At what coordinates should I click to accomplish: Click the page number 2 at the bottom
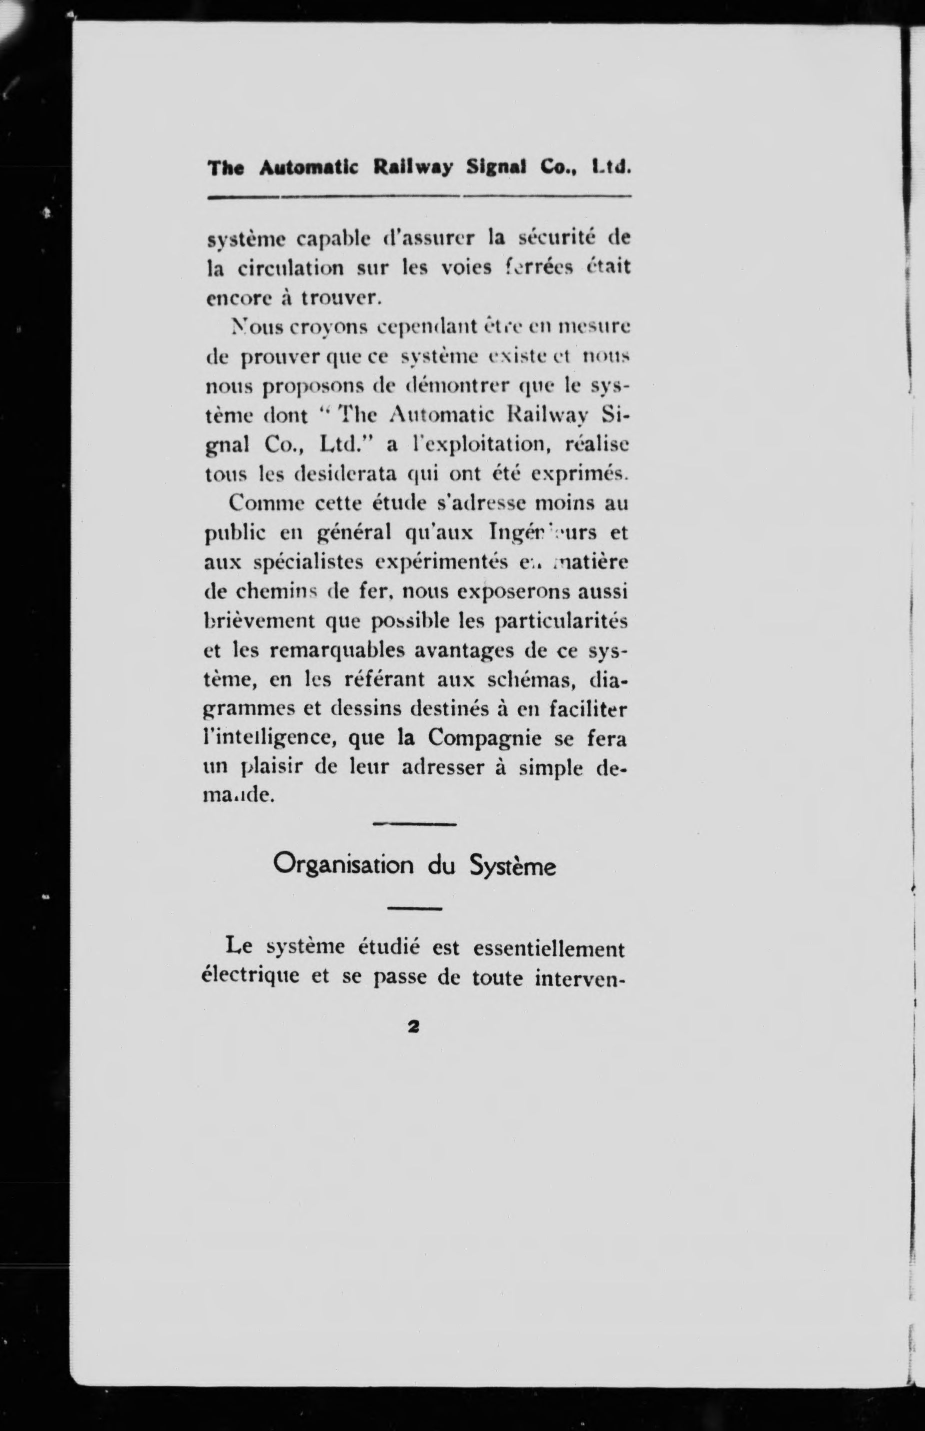413,1027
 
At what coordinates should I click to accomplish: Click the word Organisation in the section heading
344,865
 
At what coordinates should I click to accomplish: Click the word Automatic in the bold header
308,168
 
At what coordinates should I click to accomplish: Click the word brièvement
260,621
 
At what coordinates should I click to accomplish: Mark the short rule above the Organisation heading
414,824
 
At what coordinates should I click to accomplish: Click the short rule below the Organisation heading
414,908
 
